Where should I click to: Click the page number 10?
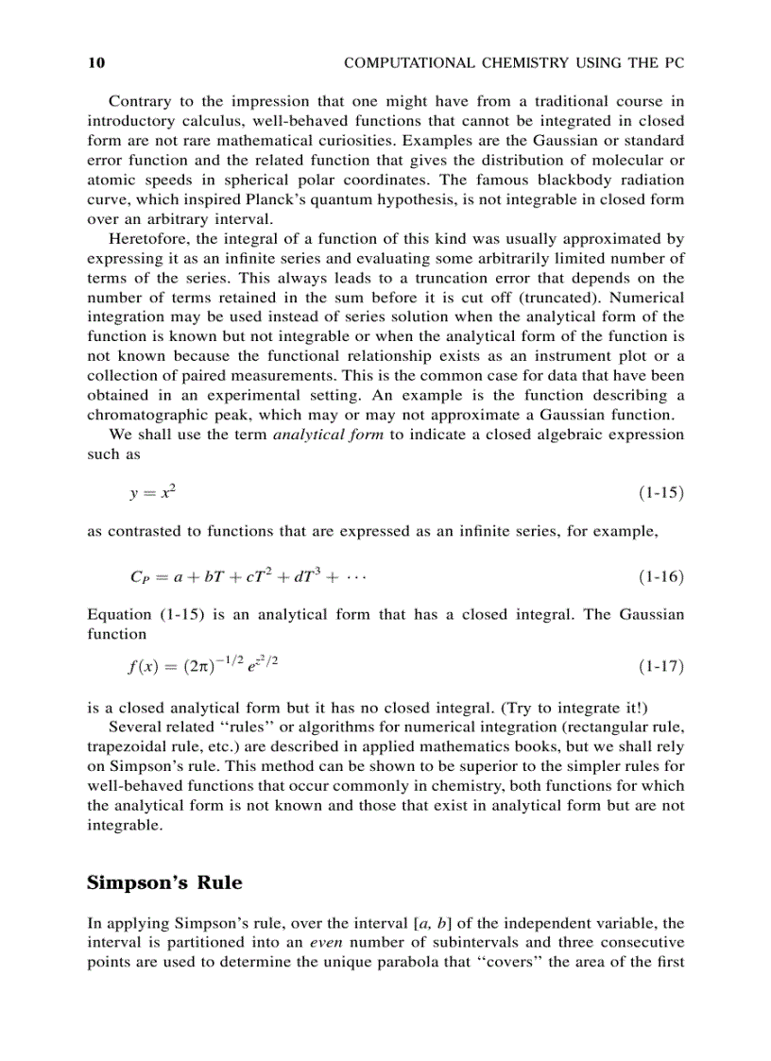coord(95,63)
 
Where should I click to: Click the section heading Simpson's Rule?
coord(164,883)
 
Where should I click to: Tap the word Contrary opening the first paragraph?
coord(140,101)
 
